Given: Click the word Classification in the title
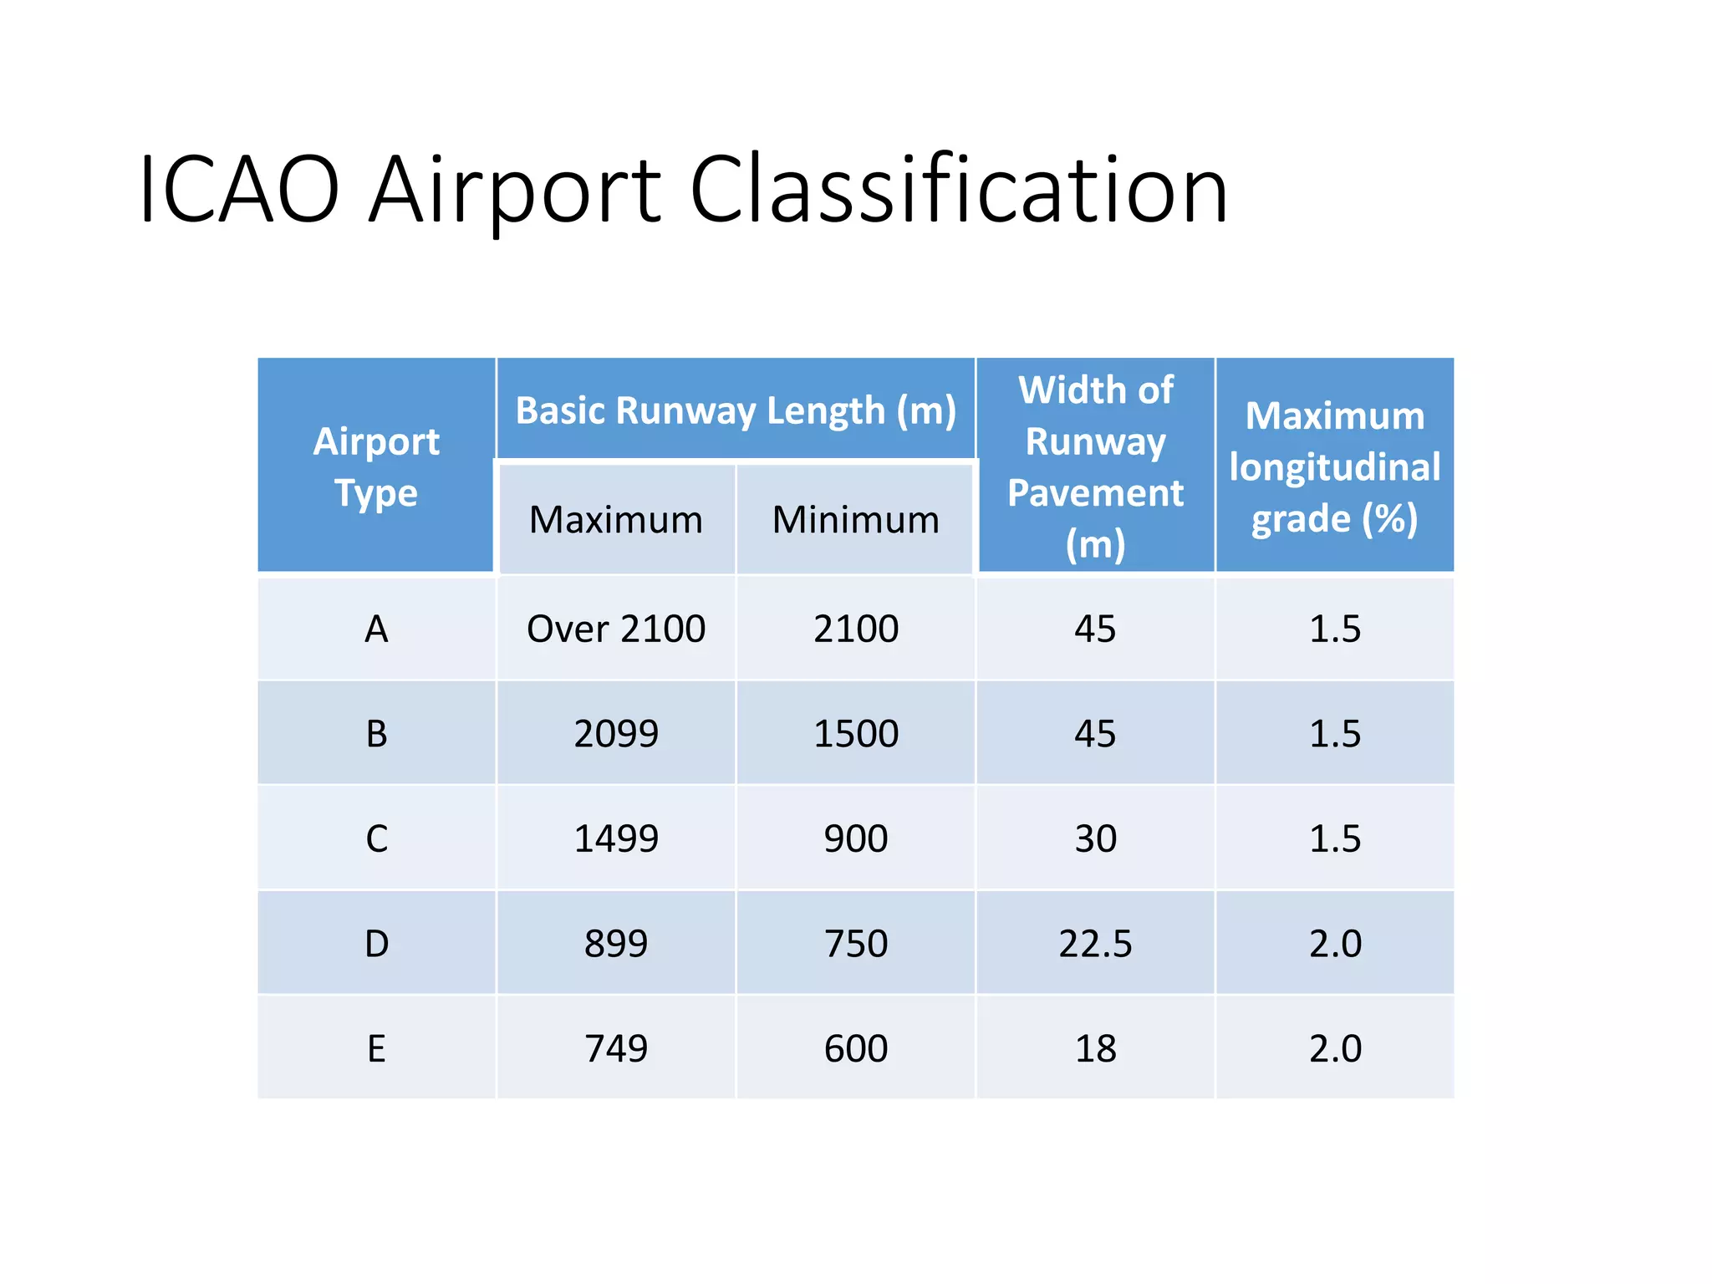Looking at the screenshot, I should coord(958,191).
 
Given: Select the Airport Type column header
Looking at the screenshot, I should coord(376,466).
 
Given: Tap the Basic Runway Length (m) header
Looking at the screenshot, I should coord(736,410).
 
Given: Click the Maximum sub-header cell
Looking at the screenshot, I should coord(616,520).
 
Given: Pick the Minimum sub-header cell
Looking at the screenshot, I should coord(855,520).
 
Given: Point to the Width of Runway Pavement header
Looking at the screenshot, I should coord(1095,466).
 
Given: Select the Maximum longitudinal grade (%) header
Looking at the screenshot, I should coord(1335,466).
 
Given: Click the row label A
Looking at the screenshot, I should coord(376,629).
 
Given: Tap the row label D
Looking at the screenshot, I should coord(376,944).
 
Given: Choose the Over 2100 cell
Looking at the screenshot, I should coord(616,629).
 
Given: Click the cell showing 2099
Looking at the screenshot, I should coord(616,734).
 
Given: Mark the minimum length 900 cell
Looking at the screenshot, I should coord(855,838).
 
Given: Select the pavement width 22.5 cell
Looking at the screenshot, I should coord(1095,944).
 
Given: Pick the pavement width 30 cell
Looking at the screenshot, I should coord(1095,838).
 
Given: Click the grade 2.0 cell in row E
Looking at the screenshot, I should coord(1335,1048).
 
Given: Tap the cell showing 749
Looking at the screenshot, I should coord(616,1048).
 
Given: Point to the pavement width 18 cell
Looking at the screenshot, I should coord(1095,1048).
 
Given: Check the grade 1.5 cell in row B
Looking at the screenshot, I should coord(1335,734).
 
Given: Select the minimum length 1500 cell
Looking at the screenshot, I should coord(855,734).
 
